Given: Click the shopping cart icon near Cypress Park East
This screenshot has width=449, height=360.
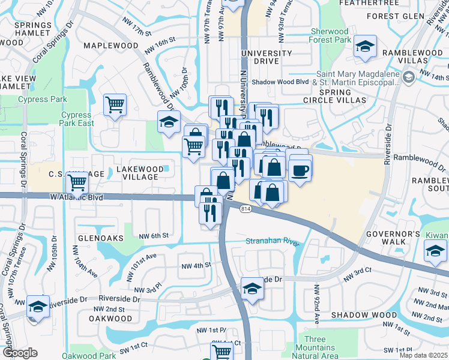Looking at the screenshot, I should point(115,105).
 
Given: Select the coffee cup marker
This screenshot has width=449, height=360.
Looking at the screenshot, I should point(300,170).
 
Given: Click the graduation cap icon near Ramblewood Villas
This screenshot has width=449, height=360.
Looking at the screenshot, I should point(364,47).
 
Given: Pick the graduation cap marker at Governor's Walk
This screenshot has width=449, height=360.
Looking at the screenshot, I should point(435,251).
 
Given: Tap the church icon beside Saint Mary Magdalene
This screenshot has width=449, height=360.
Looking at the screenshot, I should point(409,77).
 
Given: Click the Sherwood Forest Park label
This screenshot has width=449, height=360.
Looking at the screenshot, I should point(330,35).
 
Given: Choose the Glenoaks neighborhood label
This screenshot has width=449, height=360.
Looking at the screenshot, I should point(92,238).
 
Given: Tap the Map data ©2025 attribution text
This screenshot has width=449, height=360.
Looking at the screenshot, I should point(423,355).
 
